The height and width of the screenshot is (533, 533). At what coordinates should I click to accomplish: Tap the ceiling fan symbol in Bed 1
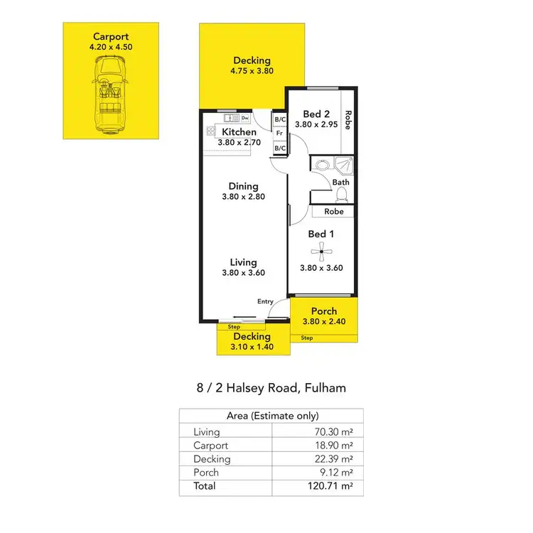[x=321, y=249]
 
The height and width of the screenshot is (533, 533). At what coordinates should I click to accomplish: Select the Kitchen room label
[x=239, y=133]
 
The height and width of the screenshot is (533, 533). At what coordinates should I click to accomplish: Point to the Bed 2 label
[x=316, y=114]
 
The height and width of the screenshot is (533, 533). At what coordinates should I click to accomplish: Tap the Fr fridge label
[x=280, y=133]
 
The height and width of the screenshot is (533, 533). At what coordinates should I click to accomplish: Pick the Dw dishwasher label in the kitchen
[x=244, y=118]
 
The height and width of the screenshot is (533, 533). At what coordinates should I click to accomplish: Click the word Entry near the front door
[x=265, y=301]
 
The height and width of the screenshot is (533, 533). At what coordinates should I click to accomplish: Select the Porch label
[x=323, y=311]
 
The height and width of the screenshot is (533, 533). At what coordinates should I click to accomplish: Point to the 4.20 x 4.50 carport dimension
[x=111, y=46]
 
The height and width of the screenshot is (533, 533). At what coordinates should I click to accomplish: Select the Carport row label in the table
[x=211, y=446]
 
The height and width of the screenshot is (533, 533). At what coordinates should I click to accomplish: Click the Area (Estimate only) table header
[x=271, y=416]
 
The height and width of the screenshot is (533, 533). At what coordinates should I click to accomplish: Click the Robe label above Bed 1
[x=334, y=211]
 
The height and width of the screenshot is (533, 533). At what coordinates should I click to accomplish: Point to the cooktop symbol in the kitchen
[x=211, y=131]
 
